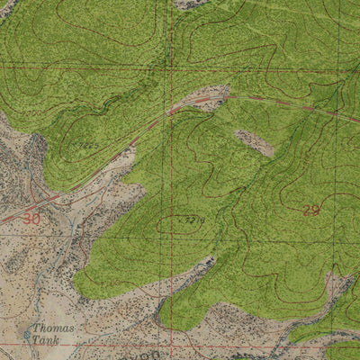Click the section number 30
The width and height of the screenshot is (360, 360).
[x=32, y=219]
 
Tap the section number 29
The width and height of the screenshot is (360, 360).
[x=310, y=211]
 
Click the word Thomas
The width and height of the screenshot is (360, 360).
[x=54, y=328]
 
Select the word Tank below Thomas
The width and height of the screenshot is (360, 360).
[x=47, y=341]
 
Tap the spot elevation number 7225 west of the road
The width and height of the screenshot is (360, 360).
[x=85, y=144]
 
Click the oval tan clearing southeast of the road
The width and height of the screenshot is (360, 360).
[x=254, y=142]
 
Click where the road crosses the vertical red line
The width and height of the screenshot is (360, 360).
[x=170, y=112]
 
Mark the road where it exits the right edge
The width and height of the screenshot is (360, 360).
[x=356, y=118]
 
